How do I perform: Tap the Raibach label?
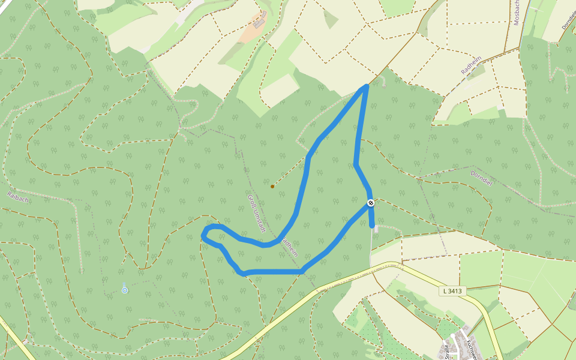coord(18,196)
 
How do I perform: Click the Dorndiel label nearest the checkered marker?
coord(481,178)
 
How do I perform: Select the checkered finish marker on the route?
coord(371,203)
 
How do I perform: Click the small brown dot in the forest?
coord(272,187)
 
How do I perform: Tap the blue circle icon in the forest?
coord(125,290)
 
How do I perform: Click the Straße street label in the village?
coord(447,352)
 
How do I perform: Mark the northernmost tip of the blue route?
coord(365,87)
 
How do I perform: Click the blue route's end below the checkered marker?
coord(373,226)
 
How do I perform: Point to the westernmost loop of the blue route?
coord(204,235)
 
